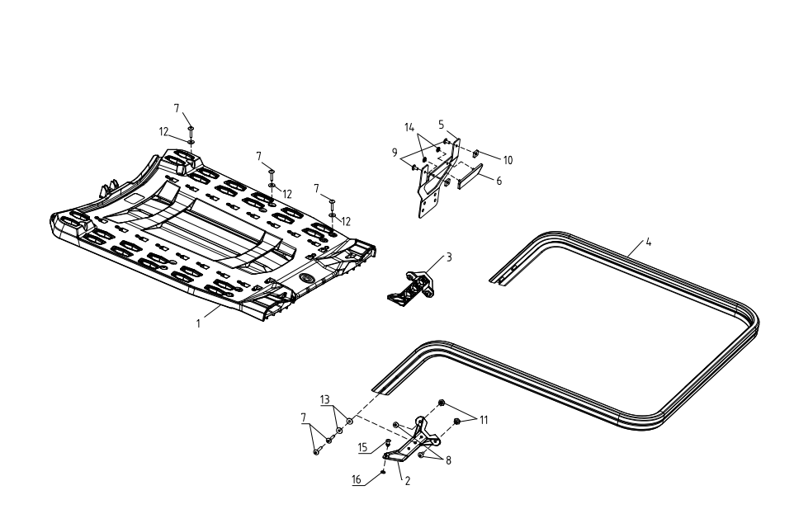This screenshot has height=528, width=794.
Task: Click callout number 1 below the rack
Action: [198, 323]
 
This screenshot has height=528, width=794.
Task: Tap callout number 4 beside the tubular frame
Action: [648, 242]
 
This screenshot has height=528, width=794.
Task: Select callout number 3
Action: [449, 257]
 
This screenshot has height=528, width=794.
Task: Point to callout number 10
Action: [508, 161]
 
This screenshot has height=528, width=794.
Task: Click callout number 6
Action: [499, 181]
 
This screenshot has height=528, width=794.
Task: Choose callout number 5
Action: [441, 124]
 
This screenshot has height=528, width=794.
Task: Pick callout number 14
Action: [409, 128]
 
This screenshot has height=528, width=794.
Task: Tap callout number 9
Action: [395, 153]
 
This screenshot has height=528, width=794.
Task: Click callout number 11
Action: [484, 420]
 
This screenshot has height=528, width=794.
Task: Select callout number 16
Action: [357, 479]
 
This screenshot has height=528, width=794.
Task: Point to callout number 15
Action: [362, 447]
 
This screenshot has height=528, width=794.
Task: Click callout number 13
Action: [324, 399]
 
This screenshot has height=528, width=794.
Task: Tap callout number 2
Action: [407, 481]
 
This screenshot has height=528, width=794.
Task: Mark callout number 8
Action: [448, 460]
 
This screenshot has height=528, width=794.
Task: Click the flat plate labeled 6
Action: [470, 177]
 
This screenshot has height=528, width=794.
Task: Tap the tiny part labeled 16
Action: [384, 472]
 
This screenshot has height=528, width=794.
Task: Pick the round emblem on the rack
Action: [306, 277]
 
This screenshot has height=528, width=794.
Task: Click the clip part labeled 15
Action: [388, 444]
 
